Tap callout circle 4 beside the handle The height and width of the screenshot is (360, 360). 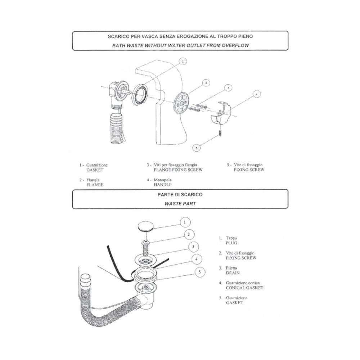pos(256,94)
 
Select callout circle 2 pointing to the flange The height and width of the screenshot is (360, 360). pos(206,83)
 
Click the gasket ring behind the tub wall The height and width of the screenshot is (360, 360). pos(140,94)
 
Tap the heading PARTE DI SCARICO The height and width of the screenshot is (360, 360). pos(180,195)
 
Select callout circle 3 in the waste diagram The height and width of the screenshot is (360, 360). pos(194,247)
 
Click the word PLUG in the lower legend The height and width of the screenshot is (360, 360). pos(231,243)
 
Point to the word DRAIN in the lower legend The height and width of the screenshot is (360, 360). pos(233,273)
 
